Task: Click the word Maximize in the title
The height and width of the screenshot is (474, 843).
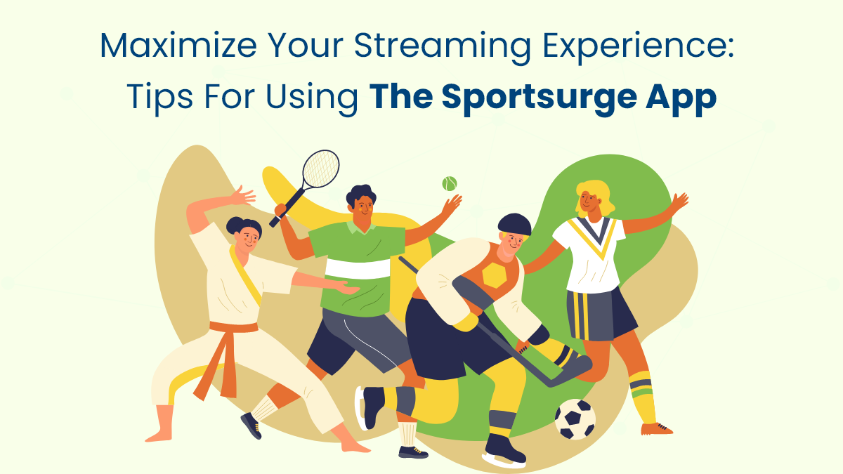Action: coord(178,45)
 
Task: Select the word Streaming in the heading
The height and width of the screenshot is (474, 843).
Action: coord(443,48)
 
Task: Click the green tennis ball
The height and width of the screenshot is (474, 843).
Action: coord(450,183)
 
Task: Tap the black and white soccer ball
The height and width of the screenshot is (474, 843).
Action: coord(575,419)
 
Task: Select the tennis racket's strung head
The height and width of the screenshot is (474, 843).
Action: coord(321,169)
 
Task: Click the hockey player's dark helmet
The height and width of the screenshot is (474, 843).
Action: coord(514,225)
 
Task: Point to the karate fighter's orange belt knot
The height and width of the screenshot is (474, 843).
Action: coord(225,331)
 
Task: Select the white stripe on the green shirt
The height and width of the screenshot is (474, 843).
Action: coord(358,268)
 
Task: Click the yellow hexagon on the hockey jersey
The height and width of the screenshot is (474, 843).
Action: coord(495,275)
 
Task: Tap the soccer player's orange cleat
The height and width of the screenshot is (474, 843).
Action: coord(656,428)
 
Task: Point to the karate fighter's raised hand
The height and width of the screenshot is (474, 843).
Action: coord(243,196)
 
